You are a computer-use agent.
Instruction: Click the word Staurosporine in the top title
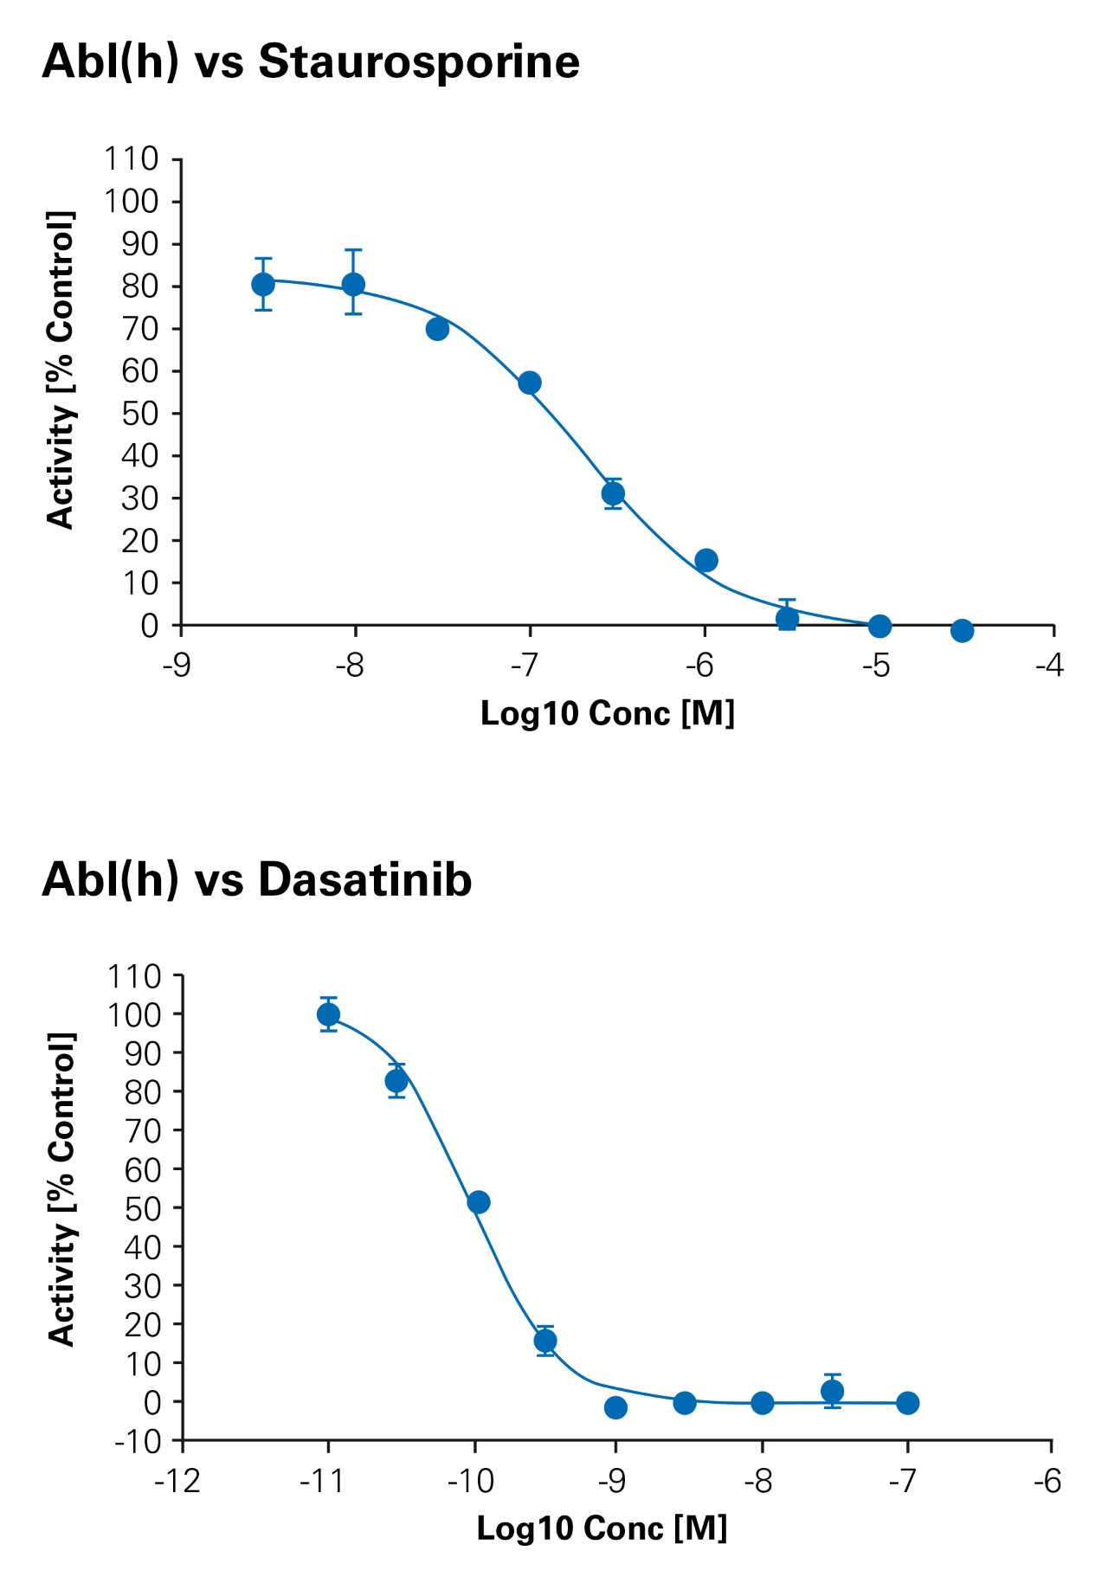[x=419, y=62]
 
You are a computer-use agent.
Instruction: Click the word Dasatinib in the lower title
[x=364, y=880]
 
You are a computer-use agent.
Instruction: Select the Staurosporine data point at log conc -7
[x=530, y=383]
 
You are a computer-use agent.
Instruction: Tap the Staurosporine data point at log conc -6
[x=706, y=560]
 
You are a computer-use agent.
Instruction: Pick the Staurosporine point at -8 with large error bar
[x=353, y=284]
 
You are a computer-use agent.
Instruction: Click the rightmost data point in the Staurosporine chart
[x=962, y=631]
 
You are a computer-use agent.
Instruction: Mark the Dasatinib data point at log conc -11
[x=328, y=1014]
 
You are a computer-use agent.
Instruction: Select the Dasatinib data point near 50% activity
[x=479, y=1202]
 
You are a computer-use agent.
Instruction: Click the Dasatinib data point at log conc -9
[x=615, y=1407]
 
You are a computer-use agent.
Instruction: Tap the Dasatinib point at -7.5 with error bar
[x=832, y=1391]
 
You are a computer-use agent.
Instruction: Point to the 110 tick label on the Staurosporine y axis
[x=132, y=159]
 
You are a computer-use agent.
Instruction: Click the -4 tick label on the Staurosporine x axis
[x=1049, y=666]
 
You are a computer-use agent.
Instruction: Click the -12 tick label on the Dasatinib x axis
[x=177, y=1482]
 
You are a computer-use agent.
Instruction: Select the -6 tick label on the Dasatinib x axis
[x=1047, y=1482]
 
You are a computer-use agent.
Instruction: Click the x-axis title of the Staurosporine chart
[x=608, y=714]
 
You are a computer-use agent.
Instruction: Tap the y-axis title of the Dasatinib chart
[x=61, y=1189]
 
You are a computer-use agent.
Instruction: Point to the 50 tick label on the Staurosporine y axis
[x=140, y=414]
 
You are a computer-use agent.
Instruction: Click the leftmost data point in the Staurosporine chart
[x=263, y=284]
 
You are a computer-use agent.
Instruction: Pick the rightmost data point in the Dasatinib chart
[x=907, y=1403]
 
